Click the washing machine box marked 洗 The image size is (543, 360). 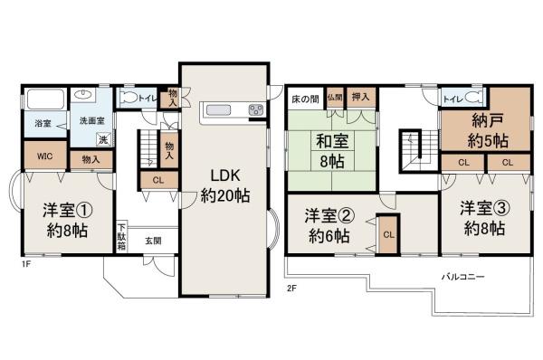103,138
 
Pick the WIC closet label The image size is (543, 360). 43,155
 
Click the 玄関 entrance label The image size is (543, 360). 152,241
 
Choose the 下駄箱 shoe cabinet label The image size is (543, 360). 121,237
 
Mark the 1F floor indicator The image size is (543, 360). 27,266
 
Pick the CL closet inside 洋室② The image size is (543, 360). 387,233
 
